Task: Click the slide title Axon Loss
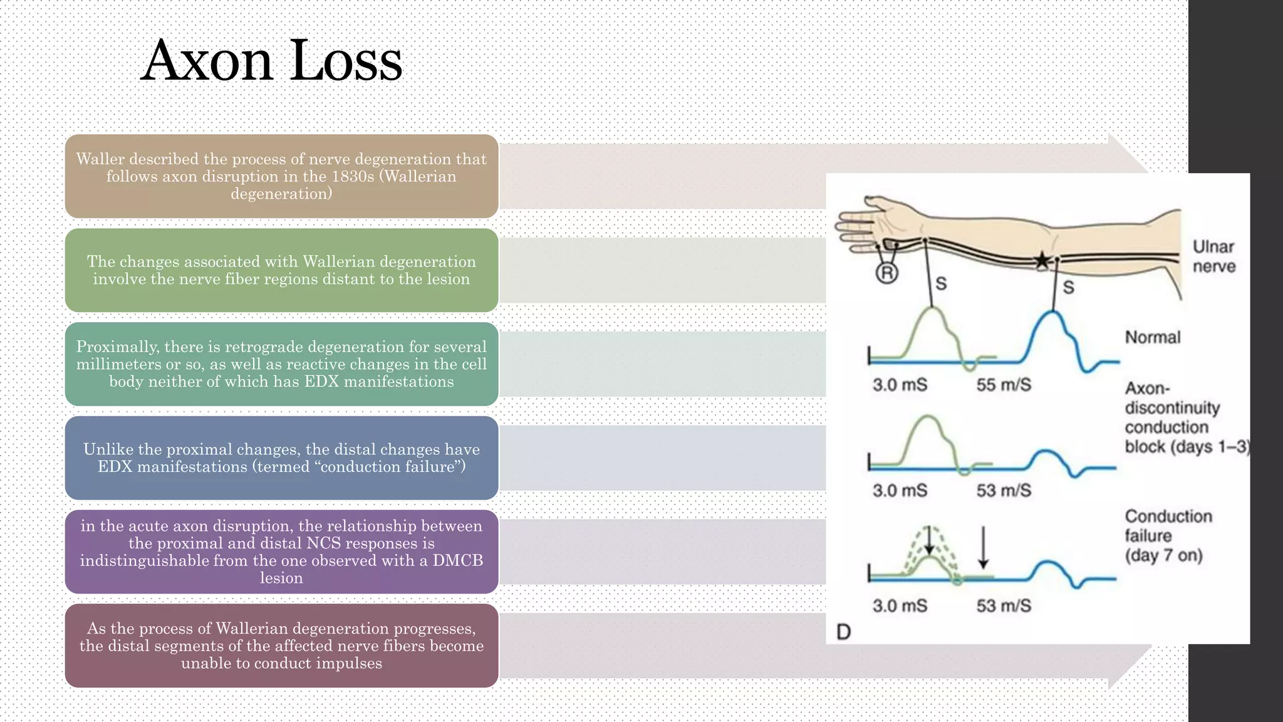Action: (x=271, y=61)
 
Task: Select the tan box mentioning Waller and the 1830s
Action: (x=281, y=176)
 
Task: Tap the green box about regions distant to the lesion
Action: (x=281, y=270)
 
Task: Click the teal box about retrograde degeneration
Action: (x=281, y=364)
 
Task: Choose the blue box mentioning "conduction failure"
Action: (x=281, y=458)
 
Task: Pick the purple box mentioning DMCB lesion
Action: (x=281, y=552)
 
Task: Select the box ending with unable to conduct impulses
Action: (x=281, y=646)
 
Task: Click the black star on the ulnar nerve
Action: (x=1041, y=260)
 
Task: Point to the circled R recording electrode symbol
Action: (x=887, y=273)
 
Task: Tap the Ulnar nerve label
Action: (x=1213, y=256)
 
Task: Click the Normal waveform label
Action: (x=1153, y=337)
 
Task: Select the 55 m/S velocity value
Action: (x=1004, y=385)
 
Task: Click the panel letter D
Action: (x=844, y=632)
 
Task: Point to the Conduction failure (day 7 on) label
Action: (x=1168, y=536)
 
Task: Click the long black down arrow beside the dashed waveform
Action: (x=983, y=547)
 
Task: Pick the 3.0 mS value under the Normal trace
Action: (x=900, y=385)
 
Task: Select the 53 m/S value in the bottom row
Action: (x=1004, y=606)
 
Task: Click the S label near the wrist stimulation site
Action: (x=941, y=284)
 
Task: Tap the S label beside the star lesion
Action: (x=1069, y=288)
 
